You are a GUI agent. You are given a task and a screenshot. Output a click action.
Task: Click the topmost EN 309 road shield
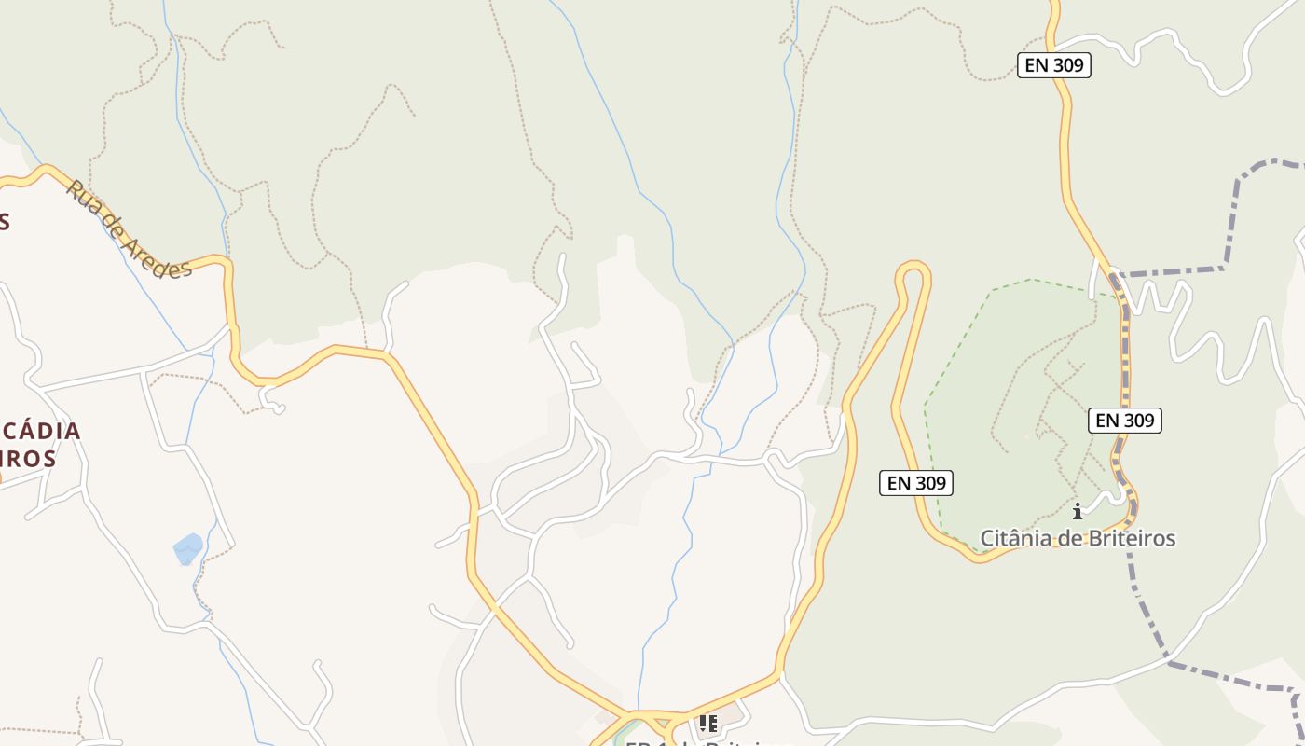(1053, 65)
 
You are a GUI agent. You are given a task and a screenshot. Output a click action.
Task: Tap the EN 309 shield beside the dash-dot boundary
(1124, 421)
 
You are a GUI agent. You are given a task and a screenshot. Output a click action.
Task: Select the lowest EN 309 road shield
(916, 483)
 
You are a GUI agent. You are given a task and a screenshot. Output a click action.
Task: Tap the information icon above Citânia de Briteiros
(1078, 511)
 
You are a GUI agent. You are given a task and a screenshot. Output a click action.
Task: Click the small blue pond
(188, 548)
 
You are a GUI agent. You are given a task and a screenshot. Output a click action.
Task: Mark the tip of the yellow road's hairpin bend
(913, 268)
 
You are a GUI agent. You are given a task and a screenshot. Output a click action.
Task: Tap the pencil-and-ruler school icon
(708, 723)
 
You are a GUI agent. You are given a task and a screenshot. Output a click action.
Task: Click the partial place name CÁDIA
(41, 432)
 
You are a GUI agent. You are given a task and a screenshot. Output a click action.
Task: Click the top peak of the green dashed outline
(1030, 279)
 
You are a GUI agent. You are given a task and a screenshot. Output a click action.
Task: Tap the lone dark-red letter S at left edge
(5, 221)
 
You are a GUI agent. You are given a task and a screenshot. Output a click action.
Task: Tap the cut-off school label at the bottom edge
(699, 742)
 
